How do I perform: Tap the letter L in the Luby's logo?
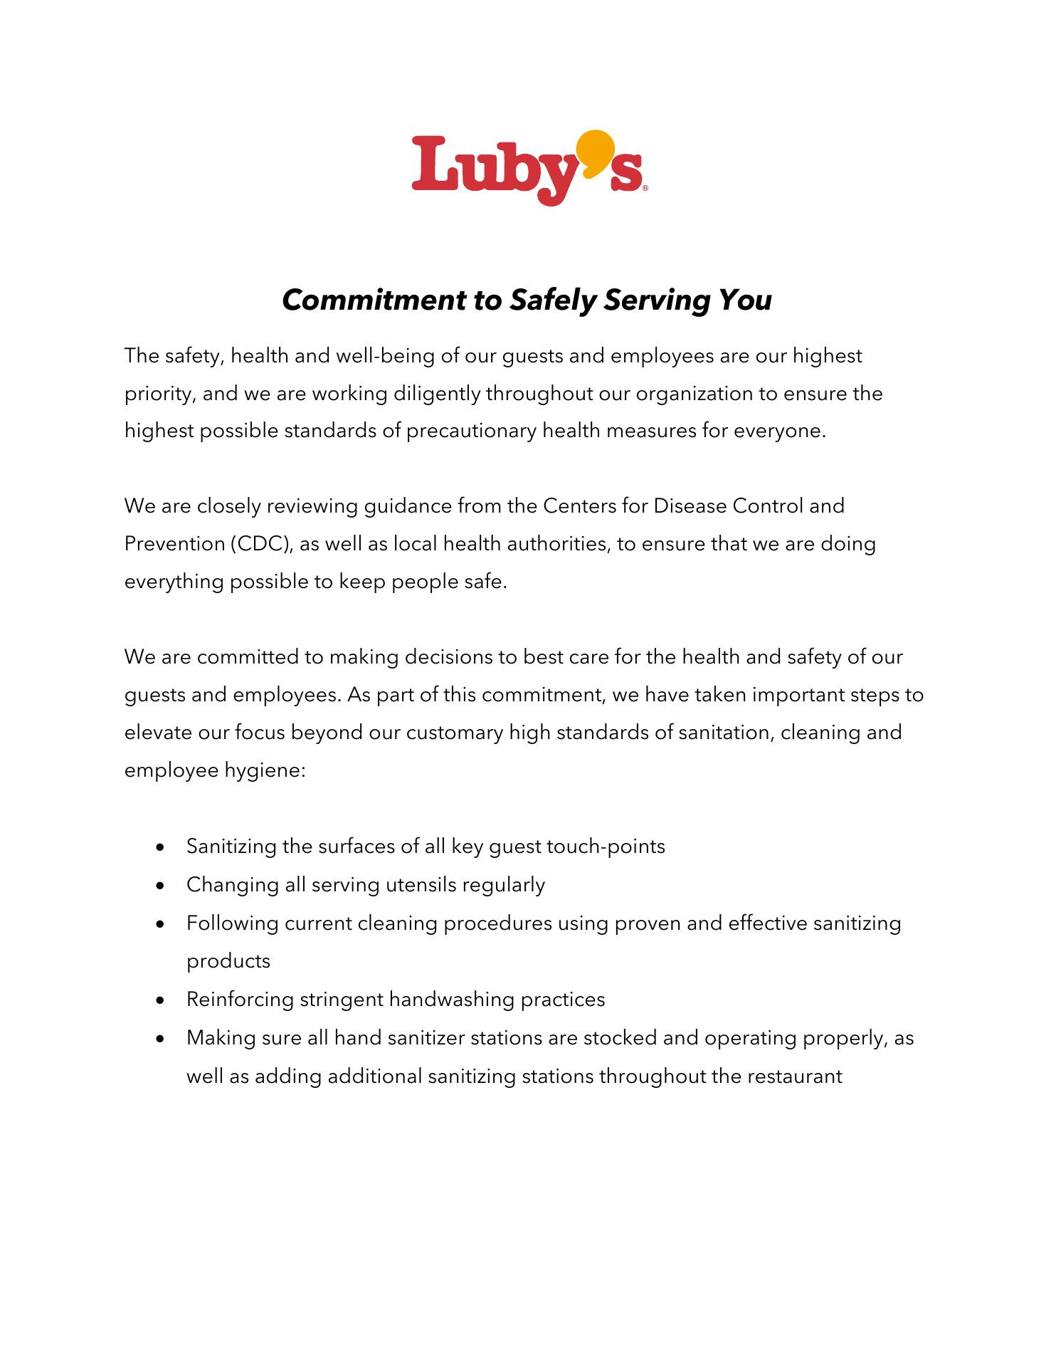tap(433, 165)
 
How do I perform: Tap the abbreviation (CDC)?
tap(261, 545)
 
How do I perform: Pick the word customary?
tap(455, 733)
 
